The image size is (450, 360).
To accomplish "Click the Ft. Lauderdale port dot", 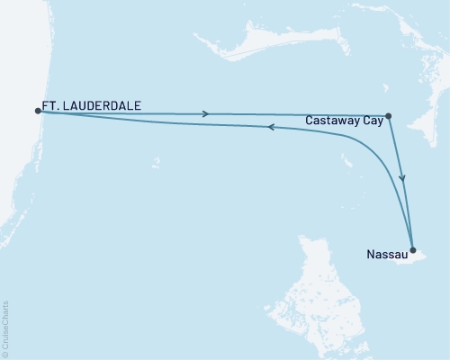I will [38, 111].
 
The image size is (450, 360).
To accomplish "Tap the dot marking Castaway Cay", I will [388, 115].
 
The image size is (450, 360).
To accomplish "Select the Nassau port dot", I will [412, 249].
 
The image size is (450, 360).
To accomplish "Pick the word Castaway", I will [333, 119].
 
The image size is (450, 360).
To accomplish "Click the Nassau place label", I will [385, 255].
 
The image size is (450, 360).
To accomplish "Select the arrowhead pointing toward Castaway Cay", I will [208, 113].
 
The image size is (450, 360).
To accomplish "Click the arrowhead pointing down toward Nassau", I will [402, 181].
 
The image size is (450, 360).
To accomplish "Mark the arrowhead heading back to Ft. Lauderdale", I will [273, 128].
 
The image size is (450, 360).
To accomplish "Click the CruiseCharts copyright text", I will [7, 328].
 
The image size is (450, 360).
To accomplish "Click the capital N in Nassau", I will [371, 255].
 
